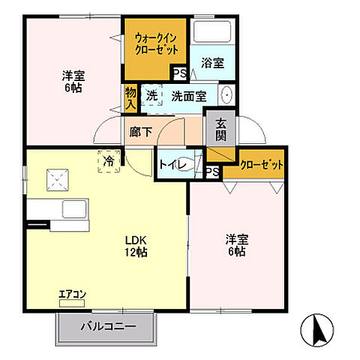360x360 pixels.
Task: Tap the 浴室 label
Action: click(213, 64)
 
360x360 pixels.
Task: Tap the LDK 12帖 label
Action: click(135, 247)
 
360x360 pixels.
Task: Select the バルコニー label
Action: click(108, 327)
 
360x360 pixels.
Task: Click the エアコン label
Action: click(72, 294)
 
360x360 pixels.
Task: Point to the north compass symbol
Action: click(317, 328)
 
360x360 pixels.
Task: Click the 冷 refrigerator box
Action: click(109, 161)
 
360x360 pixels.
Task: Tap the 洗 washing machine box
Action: click(151, 96)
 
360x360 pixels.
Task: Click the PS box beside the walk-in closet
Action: click(179, 73)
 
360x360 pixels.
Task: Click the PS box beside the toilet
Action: click(213, 172)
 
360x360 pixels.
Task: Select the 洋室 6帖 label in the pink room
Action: click(72, 81)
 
